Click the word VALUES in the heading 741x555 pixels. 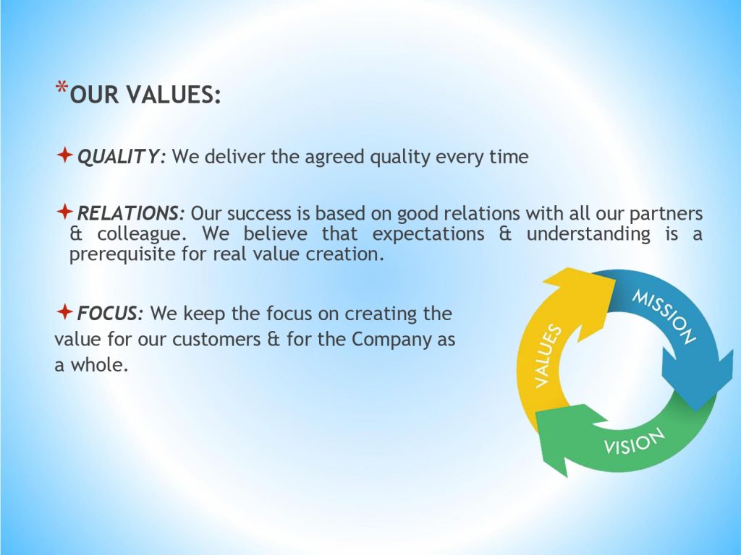coord(174,94)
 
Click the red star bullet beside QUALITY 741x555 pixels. coord(64,155)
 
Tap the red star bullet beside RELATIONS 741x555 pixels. coord(64,211)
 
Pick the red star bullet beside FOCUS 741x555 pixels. coord(64,311)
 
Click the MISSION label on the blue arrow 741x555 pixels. coord(664,317)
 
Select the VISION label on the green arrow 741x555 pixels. coord(634,442)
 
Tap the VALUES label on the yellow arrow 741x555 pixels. coord(548,356)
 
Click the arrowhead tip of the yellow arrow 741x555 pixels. coord(616,280)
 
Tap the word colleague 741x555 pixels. coord(142,234)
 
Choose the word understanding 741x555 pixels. coord(588,233)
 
